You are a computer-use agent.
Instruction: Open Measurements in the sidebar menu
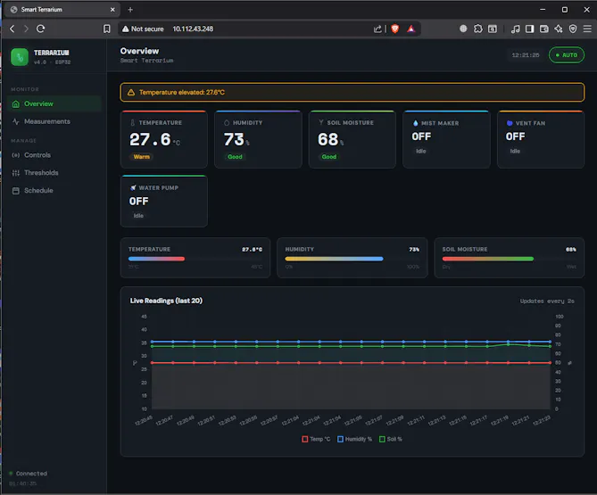click(46, 121)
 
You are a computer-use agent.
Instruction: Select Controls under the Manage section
click(37, 155)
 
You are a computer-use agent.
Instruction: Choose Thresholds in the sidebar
click(41, 173)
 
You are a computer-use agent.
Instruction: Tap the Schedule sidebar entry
click(38, 191)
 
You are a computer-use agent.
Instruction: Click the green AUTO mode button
click(567, 54)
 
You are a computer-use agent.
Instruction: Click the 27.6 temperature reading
click(150, 139)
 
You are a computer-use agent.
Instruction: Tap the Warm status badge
click(142, 157)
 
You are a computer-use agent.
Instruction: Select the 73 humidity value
click(234, 139)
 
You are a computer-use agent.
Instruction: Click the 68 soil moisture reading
click(328, 139)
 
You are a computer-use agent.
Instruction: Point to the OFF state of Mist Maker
click(421, 136)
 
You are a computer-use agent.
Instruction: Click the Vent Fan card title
click(530, 123)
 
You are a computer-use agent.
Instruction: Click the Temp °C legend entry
click(317, 439)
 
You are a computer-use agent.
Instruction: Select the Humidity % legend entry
click(357, 439)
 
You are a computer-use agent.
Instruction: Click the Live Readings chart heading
click(166, 301)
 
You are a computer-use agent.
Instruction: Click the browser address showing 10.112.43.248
click(193, 29)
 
